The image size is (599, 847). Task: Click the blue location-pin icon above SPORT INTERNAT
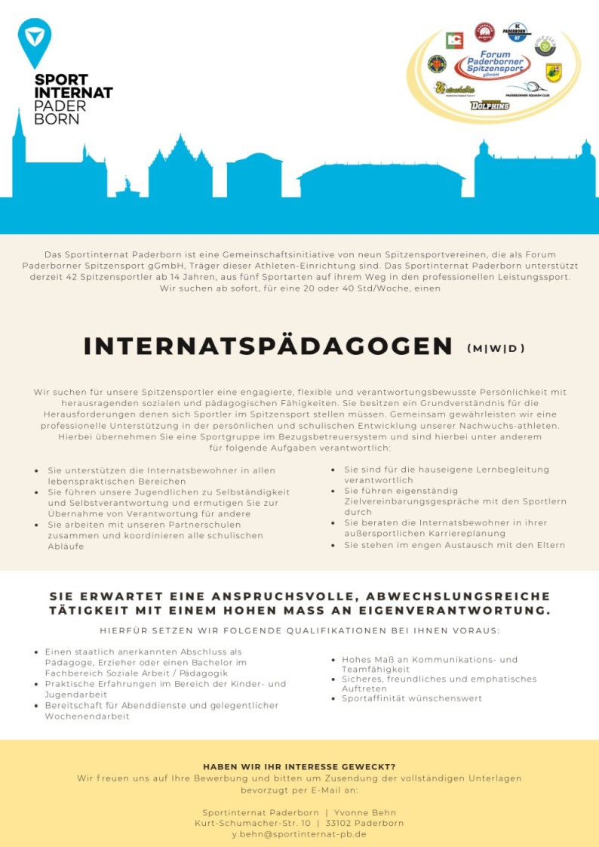tap(35, 42)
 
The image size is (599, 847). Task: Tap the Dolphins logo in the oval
tap(490, 106)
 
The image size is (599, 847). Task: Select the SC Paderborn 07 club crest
tap(517, 32)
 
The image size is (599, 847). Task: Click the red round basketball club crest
tap(484, 32)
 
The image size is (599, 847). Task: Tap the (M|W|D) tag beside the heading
tap(496, 348)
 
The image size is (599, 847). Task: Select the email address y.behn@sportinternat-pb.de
tap(299, 834)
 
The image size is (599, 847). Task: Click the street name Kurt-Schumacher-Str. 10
tap(253, 823)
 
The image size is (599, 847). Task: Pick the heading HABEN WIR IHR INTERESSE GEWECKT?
tap(299, 766)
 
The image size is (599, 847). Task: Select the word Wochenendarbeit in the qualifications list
tap(87, 716)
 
